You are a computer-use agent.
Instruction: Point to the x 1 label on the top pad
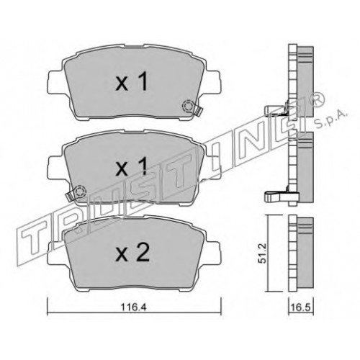pos(131,82)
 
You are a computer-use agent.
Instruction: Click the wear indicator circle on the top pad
pos(188,107)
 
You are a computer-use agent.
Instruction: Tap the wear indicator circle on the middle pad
pos(80,192)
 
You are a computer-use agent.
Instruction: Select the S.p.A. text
pos(331,119)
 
